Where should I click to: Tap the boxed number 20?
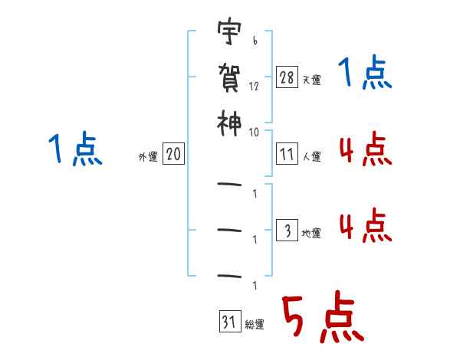pyautogui.click(x=173, y=155)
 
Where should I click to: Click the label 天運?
pyautogui.click(x=311, y=80)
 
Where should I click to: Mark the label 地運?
pyautogui.click(x=311, y=233)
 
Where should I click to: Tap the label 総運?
pyautogui.click(x=254, y=325)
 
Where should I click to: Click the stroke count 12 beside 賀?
pyautogui.click(x=255, y=87)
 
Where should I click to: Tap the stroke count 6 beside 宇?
pyautogui.click(x=254, y=42)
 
